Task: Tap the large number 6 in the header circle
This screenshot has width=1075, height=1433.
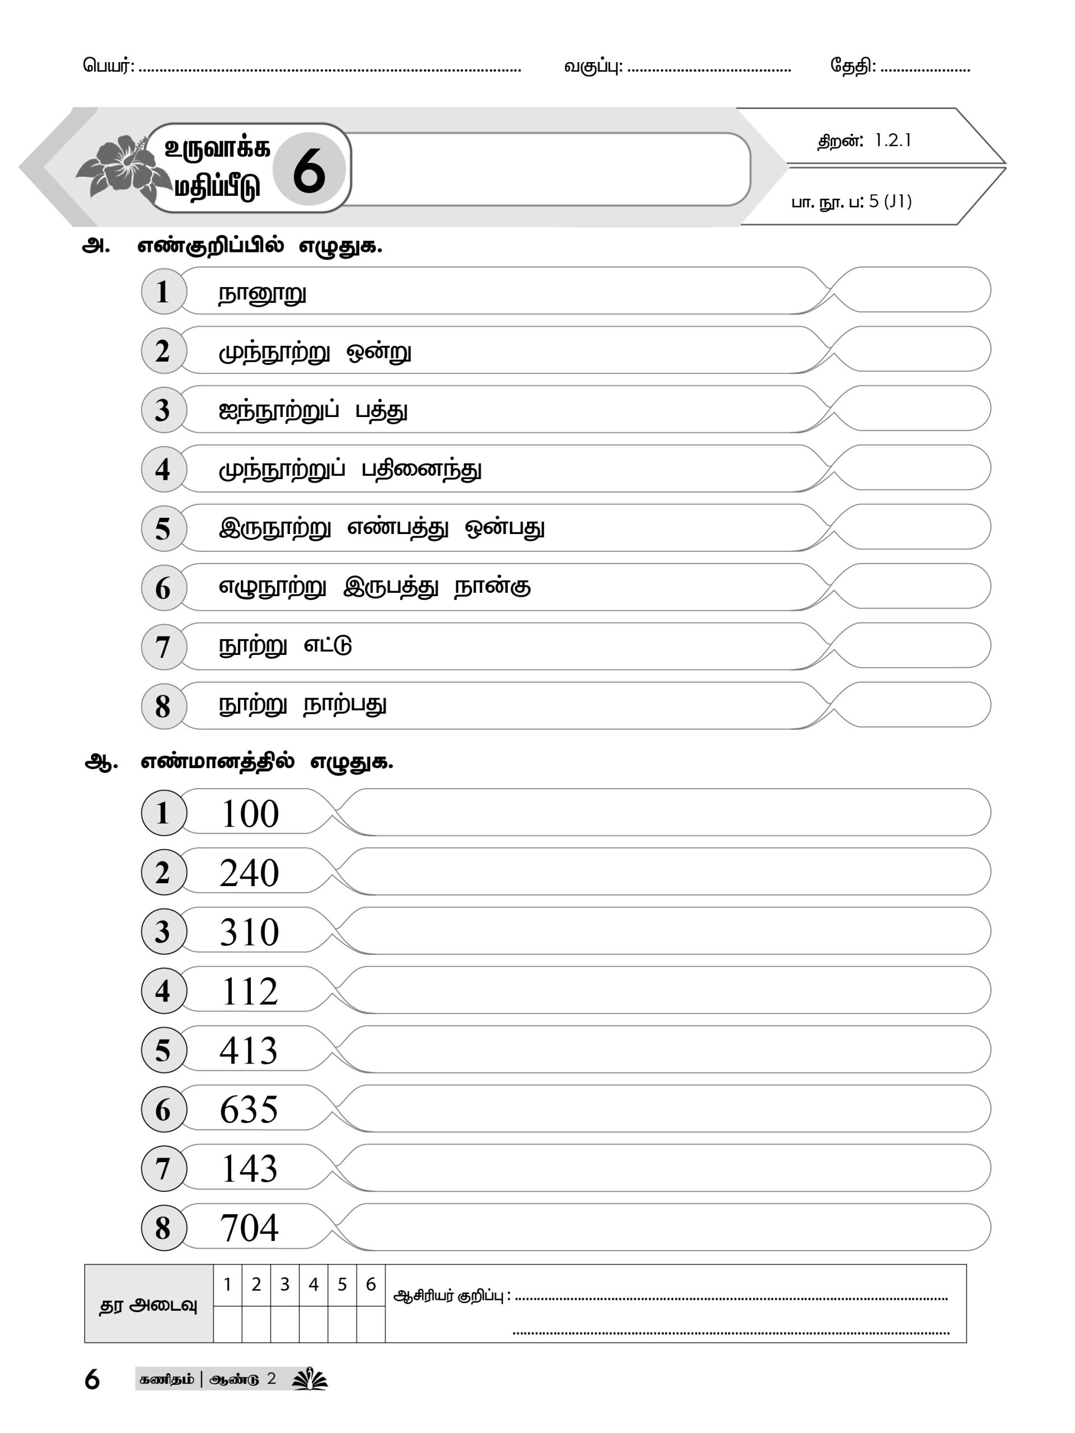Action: (309, 170)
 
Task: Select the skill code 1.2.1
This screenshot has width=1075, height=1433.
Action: (892, 141)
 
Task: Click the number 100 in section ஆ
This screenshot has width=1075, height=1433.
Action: (250, 814)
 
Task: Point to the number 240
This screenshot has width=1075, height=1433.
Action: (250, 873)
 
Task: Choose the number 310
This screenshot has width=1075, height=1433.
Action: (250, 932)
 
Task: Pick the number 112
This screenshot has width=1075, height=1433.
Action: (250, 992)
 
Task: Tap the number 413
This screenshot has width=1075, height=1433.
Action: (249, 1051)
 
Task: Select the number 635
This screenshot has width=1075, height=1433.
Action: (249, 1109)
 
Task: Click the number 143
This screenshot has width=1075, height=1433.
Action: (250, 1169)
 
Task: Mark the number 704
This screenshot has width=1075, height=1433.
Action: (250, 1228)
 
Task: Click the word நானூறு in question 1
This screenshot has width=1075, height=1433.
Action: (262, 293)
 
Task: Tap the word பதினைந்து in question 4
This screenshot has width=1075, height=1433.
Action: (421, 470)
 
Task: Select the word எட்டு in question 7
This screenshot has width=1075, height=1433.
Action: (328, 646)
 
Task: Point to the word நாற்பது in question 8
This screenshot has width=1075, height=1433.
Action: (345, 705)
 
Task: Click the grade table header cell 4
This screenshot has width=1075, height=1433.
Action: (314, 1285)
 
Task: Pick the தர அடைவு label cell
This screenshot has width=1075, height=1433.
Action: (148, 1305)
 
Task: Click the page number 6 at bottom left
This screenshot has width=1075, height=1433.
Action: (92, 1380)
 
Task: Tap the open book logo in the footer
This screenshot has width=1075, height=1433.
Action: (310, 1379)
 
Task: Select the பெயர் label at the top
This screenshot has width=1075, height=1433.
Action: (107, 65)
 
